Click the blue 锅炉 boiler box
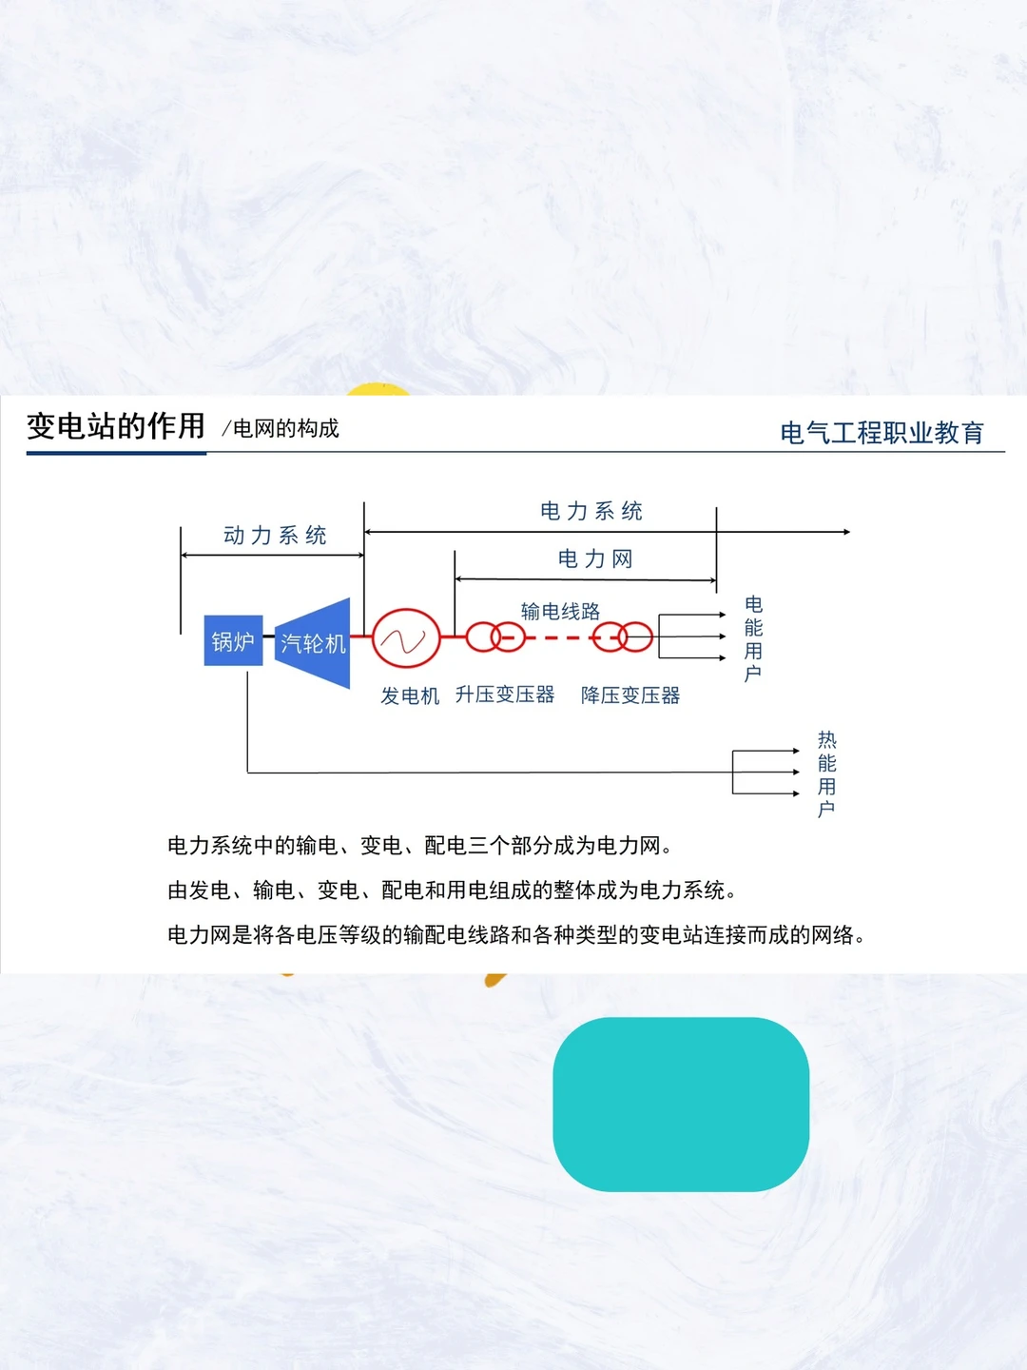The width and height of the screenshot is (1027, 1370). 233,640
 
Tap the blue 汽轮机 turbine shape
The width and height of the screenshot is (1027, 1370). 314,643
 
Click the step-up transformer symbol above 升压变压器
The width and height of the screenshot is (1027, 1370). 495,636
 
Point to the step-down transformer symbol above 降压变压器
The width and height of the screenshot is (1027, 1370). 623,636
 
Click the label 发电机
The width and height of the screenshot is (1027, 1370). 410,695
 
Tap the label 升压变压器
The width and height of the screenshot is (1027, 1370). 505,695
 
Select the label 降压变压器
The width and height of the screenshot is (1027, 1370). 630,695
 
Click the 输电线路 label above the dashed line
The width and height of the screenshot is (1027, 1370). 560,611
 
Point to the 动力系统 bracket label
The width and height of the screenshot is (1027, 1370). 275,536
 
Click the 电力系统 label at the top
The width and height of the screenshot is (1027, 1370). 591,511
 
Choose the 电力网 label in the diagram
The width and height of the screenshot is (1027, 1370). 595,558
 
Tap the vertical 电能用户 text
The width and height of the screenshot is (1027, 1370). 753,639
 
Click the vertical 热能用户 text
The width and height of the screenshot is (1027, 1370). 827,774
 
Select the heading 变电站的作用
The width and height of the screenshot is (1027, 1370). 116,426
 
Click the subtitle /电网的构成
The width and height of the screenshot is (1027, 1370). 281,429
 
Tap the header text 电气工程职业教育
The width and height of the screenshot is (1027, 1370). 882,433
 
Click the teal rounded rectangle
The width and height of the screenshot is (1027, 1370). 681,1104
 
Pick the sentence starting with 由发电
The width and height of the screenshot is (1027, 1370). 452,890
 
